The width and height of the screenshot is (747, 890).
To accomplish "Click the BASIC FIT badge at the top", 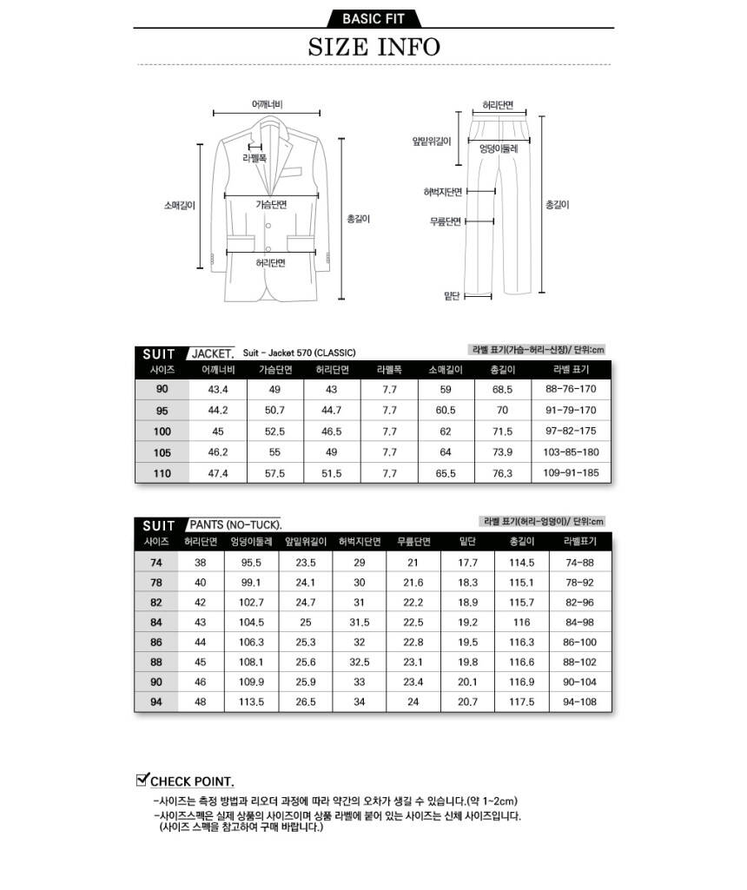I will (373, 18).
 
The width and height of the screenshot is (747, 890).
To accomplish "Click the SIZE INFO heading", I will (373, 46).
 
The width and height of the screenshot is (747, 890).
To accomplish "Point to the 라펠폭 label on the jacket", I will (255, 159).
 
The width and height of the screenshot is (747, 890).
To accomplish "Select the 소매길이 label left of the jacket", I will (179, 206).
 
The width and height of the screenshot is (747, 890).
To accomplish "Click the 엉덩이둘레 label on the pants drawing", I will (499, 148).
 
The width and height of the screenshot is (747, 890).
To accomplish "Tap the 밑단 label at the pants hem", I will (452, 296).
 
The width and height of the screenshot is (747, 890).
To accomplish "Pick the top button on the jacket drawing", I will (268, 227).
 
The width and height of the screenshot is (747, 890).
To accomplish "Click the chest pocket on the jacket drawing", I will (295, 171).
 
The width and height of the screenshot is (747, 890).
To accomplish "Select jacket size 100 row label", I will (162, 432).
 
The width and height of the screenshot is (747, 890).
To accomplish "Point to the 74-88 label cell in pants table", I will (579, 563).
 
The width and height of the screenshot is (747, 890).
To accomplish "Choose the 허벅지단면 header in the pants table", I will (360, 542).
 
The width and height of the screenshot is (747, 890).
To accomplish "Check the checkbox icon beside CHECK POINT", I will (143, 779).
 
